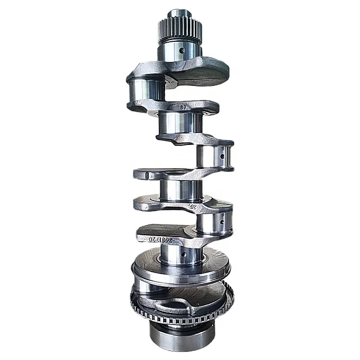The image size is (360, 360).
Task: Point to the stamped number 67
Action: (183, 108)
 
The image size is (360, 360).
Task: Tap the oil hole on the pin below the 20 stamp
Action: (221, 221)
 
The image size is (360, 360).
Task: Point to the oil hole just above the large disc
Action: (185, 252)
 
